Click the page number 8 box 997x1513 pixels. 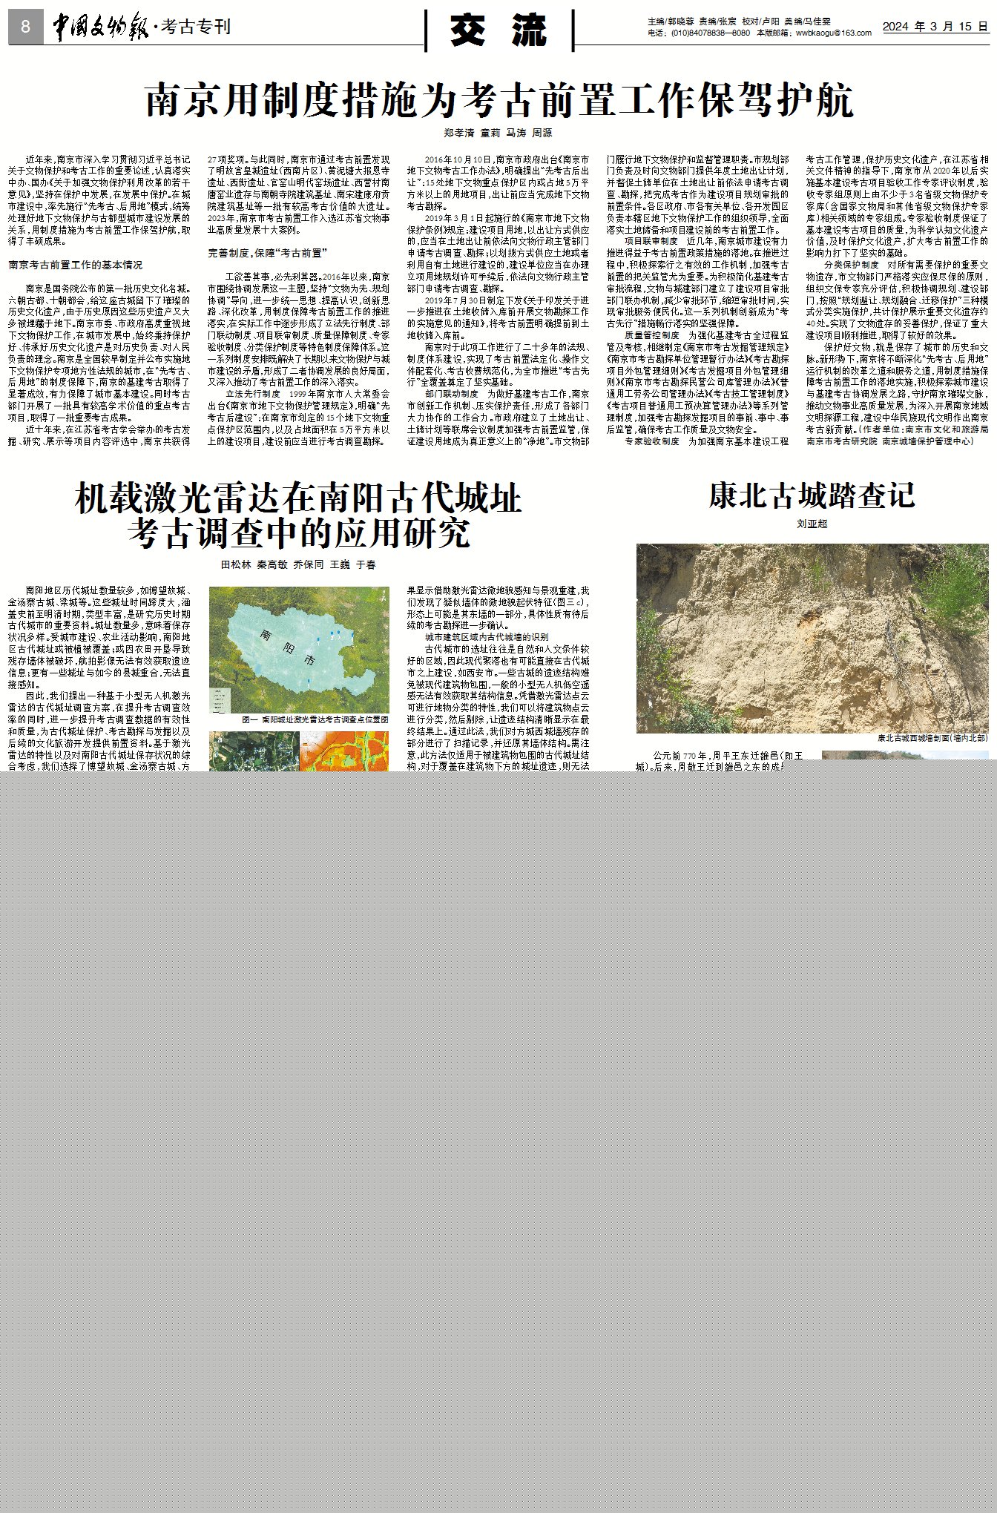25,27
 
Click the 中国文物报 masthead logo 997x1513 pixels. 99,27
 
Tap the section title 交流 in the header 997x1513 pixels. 498,30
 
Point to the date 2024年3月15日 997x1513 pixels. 935,26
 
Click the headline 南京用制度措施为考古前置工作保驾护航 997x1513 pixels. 498,100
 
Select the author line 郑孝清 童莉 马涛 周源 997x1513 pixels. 498,133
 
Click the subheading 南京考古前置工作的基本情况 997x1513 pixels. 76,265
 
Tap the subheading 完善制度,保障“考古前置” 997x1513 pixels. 268,254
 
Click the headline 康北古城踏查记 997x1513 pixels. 812,496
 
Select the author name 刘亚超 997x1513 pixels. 812,524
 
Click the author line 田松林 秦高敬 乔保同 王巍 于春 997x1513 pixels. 298,564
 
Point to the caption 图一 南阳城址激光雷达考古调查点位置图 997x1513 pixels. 315,719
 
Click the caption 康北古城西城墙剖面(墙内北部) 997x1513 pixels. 932,739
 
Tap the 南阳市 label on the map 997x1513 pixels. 289,647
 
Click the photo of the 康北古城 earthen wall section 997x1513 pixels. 812,638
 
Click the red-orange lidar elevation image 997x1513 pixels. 343,751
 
